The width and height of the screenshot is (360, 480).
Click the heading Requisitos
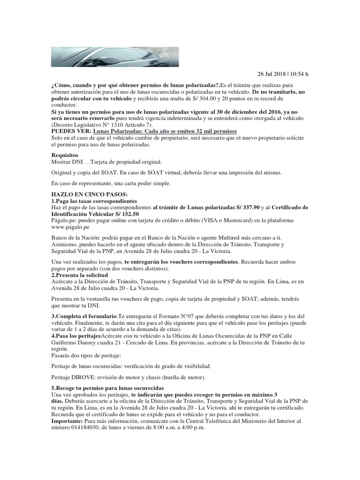[x=65, y=155]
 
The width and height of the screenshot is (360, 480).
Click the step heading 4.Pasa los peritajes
[x=75, y=337]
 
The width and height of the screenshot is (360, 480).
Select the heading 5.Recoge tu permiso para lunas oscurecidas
[x=107, y=389]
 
